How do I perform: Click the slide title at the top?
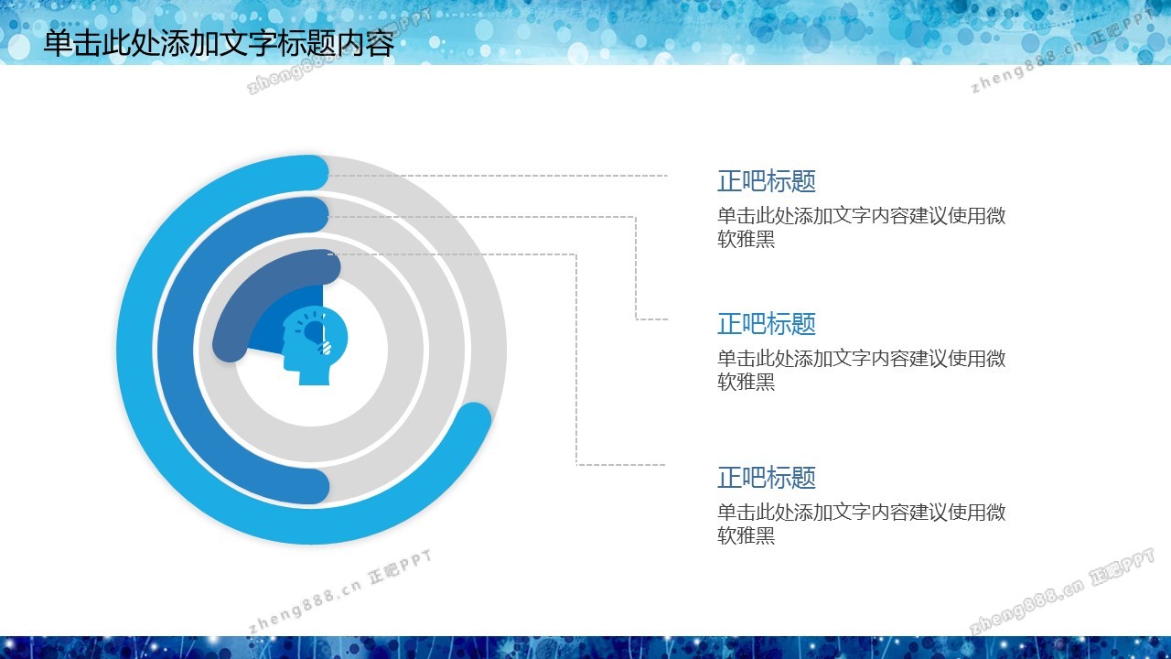[219, 42]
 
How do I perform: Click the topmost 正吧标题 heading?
[767, 181]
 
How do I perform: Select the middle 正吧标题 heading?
[767, 324]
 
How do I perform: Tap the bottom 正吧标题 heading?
[767, 478]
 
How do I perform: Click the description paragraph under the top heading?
[862, 227]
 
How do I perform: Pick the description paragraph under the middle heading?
[862, 370]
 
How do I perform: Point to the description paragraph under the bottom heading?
[862, 524]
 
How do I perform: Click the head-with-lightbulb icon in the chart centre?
[315, 346]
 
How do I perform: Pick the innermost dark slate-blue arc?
[246, 293]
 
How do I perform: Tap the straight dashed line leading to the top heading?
[498, 176]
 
